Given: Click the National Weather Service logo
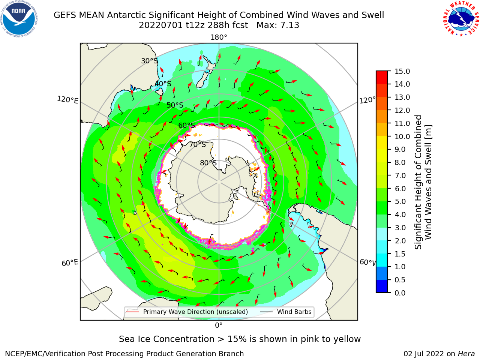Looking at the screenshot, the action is [x=461, y=19].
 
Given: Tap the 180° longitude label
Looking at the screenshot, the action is [x=219, y=37].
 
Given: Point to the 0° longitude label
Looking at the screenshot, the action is [x=219, y=325].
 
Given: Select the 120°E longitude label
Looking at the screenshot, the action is [x=67, y=100].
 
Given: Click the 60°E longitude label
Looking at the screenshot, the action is [x=70, y=262].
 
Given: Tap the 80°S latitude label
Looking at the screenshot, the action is [x=208, y=163].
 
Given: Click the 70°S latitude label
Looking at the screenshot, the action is [x=198, y=144].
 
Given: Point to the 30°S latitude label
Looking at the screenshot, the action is [x=149, y=61].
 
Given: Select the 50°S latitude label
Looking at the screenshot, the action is [x=175, y=105].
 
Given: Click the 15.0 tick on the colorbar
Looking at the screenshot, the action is [x=402, y=71].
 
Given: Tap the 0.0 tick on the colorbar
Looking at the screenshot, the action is [x=400, y=293].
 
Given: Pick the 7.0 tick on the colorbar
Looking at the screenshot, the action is [x=400, y=175].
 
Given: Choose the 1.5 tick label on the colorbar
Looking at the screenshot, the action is [x=400, y=254].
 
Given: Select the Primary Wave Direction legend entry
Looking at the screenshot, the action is [x=187, y=312].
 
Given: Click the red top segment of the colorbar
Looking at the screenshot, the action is [x=382, y=78].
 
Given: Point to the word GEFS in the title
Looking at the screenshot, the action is [x=65, y=15].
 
